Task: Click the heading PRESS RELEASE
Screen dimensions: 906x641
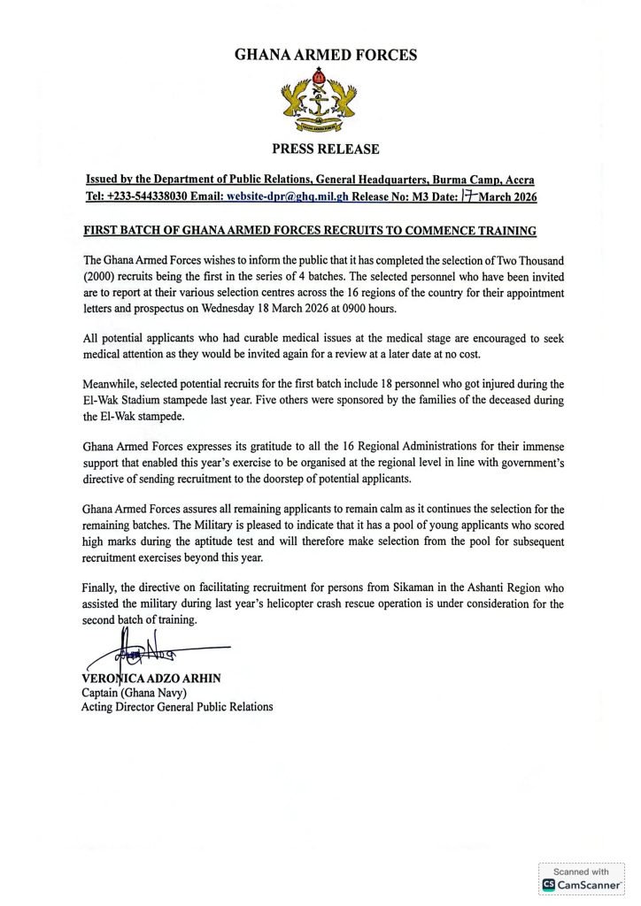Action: click(x=325, y=149)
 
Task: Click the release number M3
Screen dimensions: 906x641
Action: click(x=432, y=197)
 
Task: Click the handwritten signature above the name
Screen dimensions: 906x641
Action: click(x=142, y=656)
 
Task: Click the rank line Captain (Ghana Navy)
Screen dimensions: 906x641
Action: click(x=135, y=693)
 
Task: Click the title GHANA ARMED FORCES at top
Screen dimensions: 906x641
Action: click(x=325, y=55)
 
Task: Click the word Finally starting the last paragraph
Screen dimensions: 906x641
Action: click(x=102, y=587)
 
